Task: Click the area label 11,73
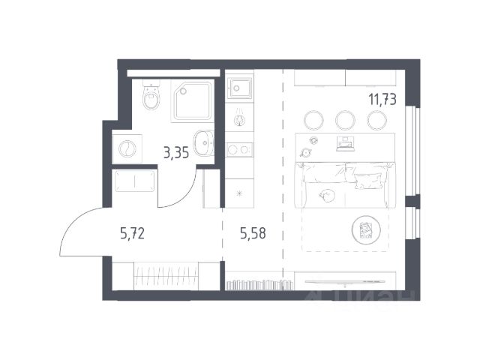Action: (x=382, y=100)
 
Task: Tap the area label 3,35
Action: (x=176, y=152)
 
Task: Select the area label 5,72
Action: (x=132, y=233)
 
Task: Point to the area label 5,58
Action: (x=253, y=233)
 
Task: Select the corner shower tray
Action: (x=192, y=100)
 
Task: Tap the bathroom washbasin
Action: (x=203, y=143)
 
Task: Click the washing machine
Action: (x=127, y=148)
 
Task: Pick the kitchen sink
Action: (x=239, y=88)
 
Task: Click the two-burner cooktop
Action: (x=239, y=150)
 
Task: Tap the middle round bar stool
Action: (x=345, y=120)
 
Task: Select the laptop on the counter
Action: (x=346, y=144)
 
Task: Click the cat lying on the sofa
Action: (x=327, y=195)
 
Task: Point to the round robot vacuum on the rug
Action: (x=366, y=229)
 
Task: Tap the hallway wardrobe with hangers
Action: (x=166, y=275)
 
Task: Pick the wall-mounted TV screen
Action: (x=345, y=281)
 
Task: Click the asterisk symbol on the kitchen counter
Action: (x=239, y=193)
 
